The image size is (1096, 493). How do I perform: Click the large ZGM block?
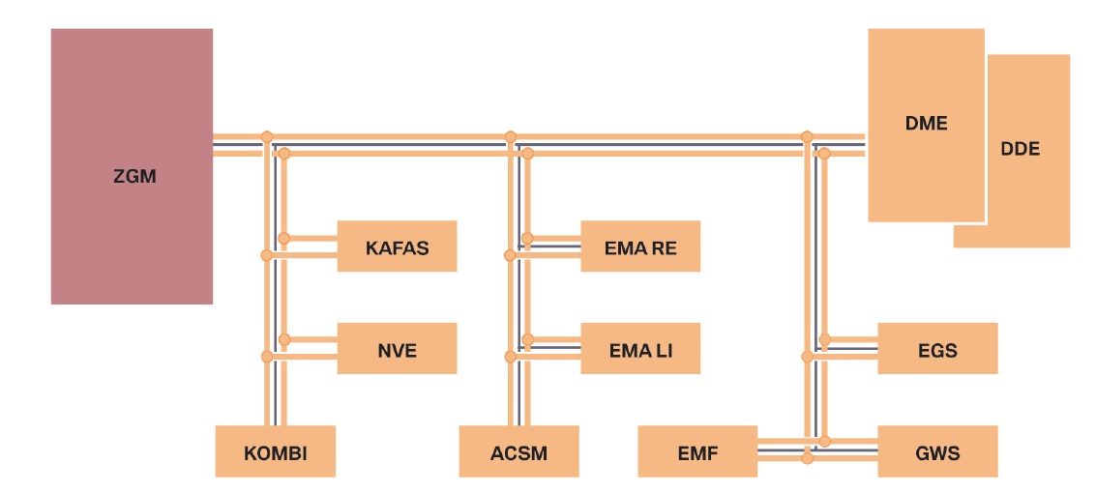click(133, 166)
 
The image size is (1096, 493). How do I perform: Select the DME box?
click(926, 125)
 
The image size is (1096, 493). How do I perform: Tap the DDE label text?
click(1021, 149)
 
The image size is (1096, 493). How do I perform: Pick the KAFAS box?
click(397, 246)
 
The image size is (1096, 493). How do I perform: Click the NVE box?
click(397, 348)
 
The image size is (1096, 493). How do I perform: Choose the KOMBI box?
click(276, 451)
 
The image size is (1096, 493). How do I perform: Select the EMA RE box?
click(640, 246)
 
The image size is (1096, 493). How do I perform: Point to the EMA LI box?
click(640, 348)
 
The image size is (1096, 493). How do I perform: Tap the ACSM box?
click(518, 451)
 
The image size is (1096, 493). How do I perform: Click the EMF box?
click(697, 451)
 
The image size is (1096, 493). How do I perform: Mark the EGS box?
click(937, 348)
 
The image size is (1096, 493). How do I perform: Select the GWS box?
click(937, 451)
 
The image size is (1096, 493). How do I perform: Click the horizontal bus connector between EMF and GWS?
click(817, 450)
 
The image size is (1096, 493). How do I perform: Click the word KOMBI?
click(276, 453)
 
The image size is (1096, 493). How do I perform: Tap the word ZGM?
click(134, 177)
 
